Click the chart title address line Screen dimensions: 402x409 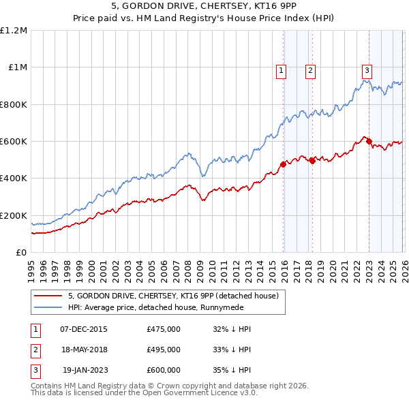pyautogui.click(x=204, y=7)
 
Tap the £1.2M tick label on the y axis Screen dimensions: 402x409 pyautogui.click(x=14, y=31)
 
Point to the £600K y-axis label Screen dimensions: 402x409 pyautogui.click(x=13, y=142)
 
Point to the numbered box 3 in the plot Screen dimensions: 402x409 pyautogui.click(x=367, y=69)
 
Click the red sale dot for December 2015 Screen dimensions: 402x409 pyautogui.click(x=283, y=164)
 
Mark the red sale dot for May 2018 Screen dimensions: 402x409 pyautogui.click(x=312, y=161)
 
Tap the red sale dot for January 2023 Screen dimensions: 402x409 pyautogui.click(x=369, y=142)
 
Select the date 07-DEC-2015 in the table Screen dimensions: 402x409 pyautogui.click(x=84, y=329)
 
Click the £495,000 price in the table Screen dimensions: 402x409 pyautogui.click(x=164, y=350)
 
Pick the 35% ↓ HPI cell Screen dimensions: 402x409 pyautogui.click(x=232, y=370)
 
